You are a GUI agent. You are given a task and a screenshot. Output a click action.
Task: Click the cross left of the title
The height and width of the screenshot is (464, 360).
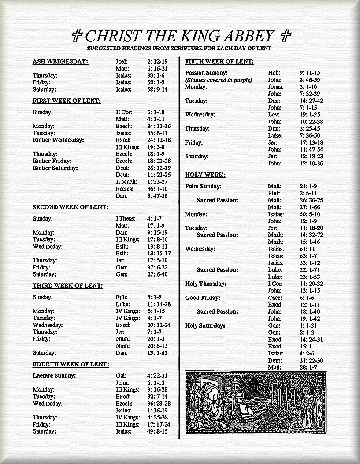click(x=77, y=35)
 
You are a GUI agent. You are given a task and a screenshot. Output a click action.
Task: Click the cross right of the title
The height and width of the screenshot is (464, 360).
click(x=286, y=35)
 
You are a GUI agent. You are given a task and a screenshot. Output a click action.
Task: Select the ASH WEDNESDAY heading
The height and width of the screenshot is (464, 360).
click(x=60, y=61)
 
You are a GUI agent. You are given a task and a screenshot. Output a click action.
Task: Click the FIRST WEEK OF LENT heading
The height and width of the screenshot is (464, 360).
click(x=67, y=101)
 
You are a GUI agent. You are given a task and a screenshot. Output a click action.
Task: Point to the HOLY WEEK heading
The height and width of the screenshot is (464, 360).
click(x=205, y=175)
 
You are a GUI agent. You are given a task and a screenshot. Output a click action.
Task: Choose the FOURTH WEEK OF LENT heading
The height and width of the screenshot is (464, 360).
click(x=71, y=364)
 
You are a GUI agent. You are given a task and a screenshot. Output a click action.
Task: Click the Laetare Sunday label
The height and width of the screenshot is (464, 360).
click(x=54, y=376)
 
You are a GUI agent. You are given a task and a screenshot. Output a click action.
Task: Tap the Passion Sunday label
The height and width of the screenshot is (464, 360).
click(x=206, y=73)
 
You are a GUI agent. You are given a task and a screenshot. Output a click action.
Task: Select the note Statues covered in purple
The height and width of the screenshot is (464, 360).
click(x=219, y=80)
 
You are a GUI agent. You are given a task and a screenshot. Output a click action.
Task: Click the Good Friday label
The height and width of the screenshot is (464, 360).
click(x=202, y=298)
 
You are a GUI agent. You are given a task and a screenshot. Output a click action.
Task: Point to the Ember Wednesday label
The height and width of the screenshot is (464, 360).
click(x=58, y=140)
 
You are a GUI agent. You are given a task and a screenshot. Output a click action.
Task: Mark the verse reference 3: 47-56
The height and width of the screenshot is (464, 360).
click(x=157, y=196)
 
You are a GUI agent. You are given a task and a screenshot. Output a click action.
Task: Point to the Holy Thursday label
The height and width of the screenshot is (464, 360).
click(x=205, y=284)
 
